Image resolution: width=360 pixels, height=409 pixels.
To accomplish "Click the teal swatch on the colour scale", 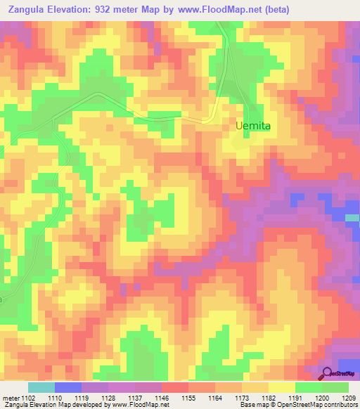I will (x=41, y=388).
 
